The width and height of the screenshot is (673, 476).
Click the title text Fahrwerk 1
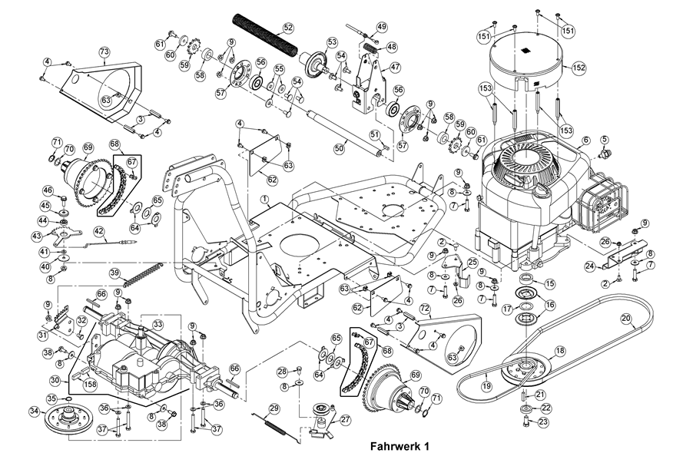[x=399, y=445]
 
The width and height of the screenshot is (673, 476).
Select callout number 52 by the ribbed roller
[x=288, y=28]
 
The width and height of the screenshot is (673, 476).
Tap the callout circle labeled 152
[x=579, y=68]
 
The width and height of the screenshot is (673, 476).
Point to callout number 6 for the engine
[x=585, y=140]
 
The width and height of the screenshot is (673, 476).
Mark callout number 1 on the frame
[x=264, y=198]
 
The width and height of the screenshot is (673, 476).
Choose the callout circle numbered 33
[x=157, y=325]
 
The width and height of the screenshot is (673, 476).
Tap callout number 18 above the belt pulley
[x=559, y=351]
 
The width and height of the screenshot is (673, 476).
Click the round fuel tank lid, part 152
[x=530, y=58]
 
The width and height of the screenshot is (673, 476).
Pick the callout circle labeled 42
[x=98, y=230]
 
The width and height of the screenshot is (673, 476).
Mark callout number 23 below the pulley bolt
[x=545, y=421]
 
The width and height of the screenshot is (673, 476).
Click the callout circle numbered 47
[x=396, y=68]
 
